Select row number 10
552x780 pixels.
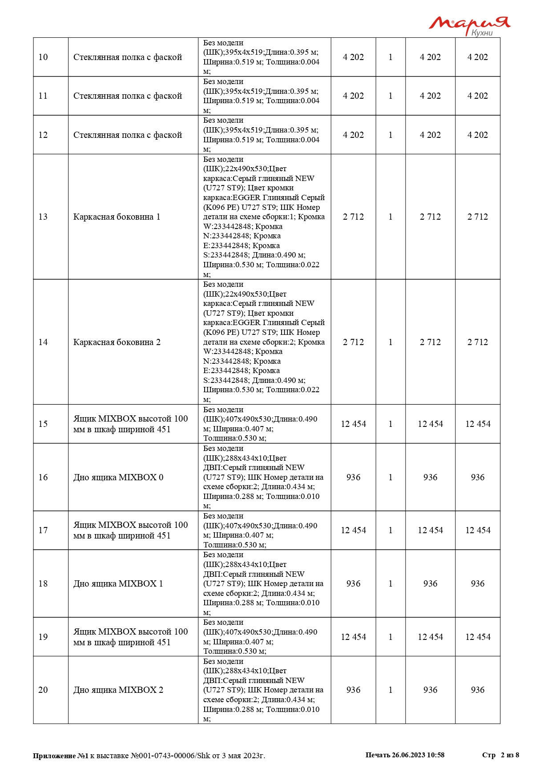click(43, 57)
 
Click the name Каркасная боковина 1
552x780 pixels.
click(117, 217)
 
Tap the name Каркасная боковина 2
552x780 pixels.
click(117, 342)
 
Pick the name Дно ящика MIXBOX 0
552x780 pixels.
click(118, 477)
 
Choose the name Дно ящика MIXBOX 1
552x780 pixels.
click(118, 583)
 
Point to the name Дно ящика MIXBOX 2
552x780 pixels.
click(118, 690)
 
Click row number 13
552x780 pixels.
click(43, 217)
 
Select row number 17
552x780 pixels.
click(43, 530)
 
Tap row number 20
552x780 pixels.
click(43, 690)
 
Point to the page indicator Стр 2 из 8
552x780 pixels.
click(500, 755)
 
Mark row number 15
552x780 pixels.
click(43, 424)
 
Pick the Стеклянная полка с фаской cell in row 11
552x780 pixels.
click(128, 96)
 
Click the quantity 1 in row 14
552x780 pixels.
click(391, 342)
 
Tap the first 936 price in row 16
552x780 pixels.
click(353, 477)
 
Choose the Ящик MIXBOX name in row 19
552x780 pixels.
click(130, 637)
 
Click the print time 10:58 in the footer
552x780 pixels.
click(436, 755)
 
